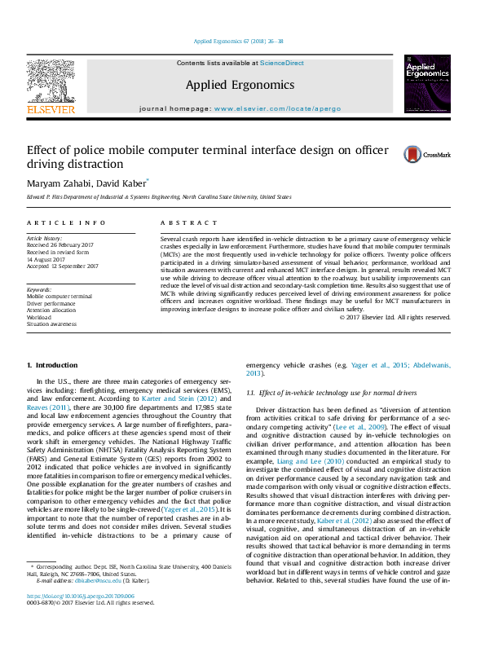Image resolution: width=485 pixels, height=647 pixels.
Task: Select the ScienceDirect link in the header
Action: (282, 63)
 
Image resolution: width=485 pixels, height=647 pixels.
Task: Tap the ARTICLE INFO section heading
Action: (66, 222)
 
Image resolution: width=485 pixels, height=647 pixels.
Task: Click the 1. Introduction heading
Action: (53, 365)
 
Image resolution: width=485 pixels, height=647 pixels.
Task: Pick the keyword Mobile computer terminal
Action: (60, 297)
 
